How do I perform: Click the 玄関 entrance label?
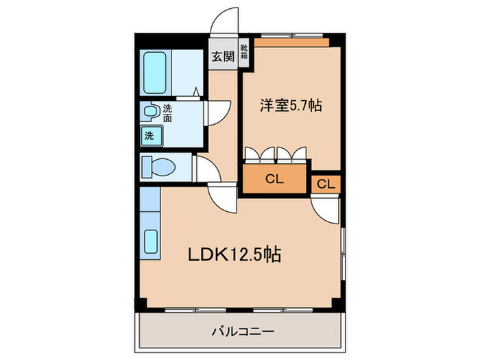[x=221, y=56]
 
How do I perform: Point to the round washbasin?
[x=149, y=110]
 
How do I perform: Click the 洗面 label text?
[x=167, y=112]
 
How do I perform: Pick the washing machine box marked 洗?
[x=149, y=135]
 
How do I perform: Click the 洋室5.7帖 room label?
[x=290, y=106]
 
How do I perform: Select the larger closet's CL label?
[x=274, y=180]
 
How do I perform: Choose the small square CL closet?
[x=326, y=184]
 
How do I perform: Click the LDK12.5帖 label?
[x=234, y=255]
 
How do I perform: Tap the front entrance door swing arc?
[x=224, y=20]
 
